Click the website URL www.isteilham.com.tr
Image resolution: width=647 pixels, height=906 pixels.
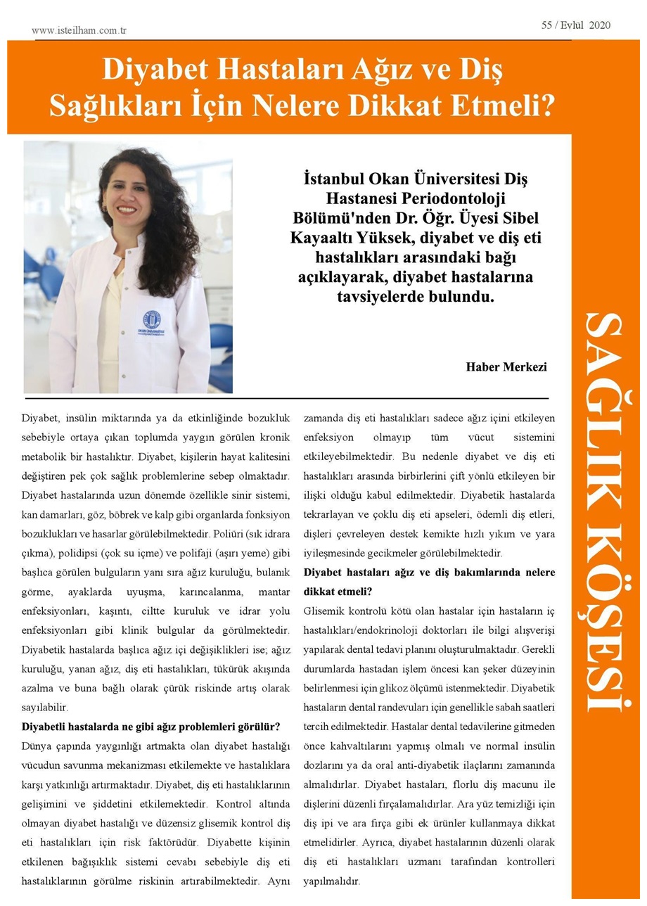[79, 31]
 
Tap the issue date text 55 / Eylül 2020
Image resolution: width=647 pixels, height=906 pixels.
[575, 25]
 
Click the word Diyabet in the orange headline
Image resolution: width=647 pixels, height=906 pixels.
[146, 72]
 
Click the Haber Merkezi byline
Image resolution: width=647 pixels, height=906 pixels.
[506, 367]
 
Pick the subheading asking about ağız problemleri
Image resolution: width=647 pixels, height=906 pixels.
[151, 725]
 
